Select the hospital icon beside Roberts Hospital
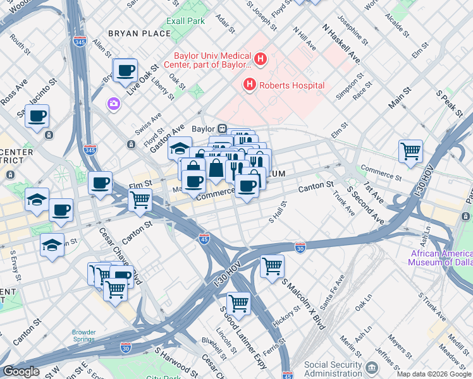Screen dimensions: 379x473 (250, 85)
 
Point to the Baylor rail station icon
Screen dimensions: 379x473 (223, 128)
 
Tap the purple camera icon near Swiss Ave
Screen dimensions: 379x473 (114, 104)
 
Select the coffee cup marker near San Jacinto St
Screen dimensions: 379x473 (37, 116)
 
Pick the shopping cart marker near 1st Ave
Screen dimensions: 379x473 (410, 152)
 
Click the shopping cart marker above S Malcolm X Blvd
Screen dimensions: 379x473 (272, 266)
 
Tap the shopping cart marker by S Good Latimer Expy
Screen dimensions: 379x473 (238, 303)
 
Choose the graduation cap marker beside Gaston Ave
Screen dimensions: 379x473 (180, 149)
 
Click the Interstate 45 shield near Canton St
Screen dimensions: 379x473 (204, 238)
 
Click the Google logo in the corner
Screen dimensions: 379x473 (21, 371)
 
